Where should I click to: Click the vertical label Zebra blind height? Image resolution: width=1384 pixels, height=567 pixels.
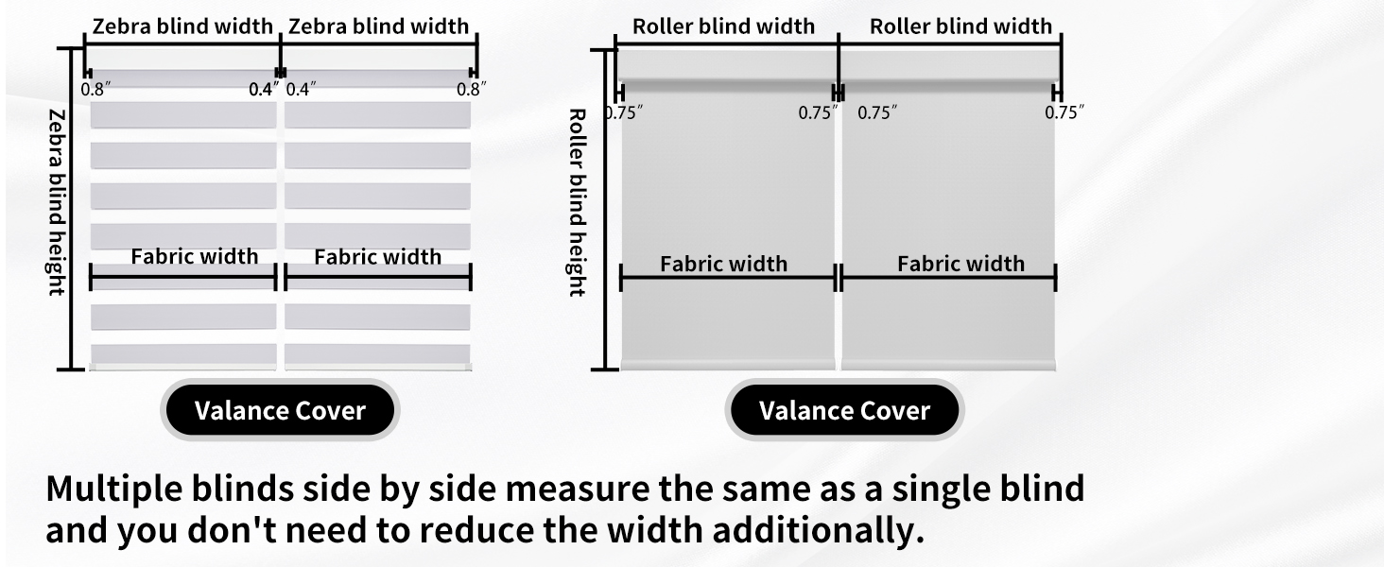point(57,201)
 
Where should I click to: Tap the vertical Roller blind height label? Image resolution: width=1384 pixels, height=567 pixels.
point(577,202)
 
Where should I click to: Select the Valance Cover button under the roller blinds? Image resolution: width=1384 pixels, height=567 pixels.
point(844,411)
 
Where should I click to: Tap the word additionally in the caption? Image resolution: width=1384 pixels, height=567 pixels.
point(818,531)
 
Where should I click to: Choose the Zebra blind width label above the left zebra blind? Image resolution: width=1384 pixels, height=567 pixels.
point(182,26)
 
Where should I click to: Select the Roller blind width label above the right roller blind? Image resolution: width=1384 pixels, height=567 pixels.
point(960,26)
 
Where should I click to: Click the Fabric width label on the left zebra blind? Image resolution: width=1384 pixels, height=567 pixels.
point(194,256)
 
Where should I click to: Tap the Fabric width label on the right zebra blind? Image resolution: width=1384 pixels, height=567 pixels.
point(377,257)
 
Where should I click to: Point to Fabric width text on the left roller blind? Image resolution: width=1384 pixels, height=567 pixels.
point(723,264)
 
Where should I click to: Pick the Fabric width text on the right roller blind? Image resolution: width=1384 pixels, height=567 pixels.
point(960,264)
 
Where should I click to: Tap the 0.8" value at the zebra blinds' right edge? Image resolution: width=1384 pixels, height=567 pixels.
point(471,90)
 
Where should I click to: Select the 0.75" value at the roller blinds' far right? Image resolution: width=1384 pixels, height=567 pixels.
point(1064,112)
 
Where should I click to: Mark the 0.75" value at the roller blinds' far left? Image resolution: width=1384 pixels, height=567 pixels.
point(624,112)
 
